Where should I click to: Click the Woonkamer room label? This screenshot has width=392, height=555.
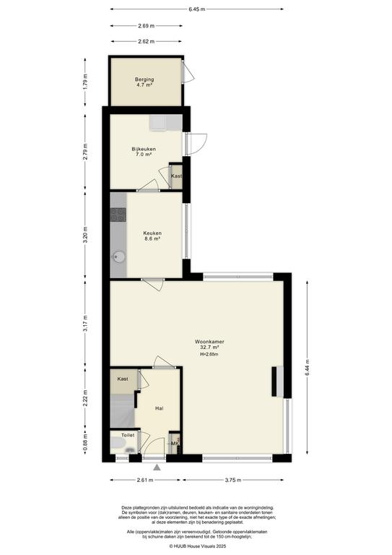coord(209,342)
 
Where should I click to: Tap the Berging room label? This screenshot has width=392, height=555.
coord(144,79)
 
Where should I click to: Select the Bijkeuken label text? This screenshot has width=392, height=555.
coord(144,149)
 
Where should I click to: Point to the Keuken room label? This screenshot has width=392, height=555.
coord(152,233)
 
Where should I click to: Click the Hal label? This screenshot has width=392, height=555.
coord(159,408)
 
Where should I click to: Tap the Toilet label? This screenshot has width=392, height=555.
coord(128,435)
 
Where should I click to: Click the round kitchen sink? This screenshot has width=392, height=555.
coord(119,257)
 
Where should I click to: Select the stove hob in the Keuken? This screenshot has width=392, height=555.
coord(118,215)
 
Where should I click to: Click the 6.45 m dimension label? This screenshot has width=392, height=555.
coord(197,9)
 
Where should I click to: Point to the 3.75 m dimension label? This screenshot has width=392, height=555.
coord(233,480)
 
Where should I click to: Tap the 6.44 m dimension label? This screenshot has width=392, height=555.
coord(307,367)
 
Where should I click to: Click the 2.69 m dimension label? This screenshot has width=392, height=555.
coord(147,25)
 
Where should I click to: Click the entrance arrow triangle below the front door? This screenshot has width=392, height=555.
coord(157,468)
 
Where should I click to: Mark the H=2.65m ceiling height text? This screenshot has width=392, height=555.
coord(209,354)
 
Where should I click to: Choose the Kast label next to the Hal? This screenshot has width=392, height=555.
coord(123,379)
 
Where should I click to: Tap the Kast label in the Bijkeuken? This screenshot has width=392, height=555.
coord(176,176)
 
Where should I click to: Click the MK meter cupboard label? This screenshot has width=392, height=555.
coord(174,444)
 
